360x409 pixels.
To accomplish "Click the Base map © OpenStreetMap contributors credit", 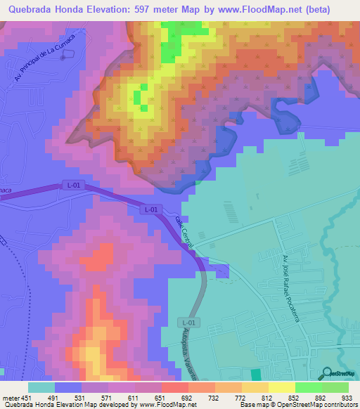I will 297,405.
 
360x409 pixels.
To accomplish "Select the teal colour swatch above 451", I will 41,387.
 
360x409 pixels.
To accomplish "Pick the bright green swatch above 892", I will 309,387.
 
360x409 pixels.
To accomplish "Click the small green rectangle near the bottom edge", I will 255,375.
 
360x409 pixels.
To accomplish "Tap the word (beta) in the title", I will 333,8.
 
